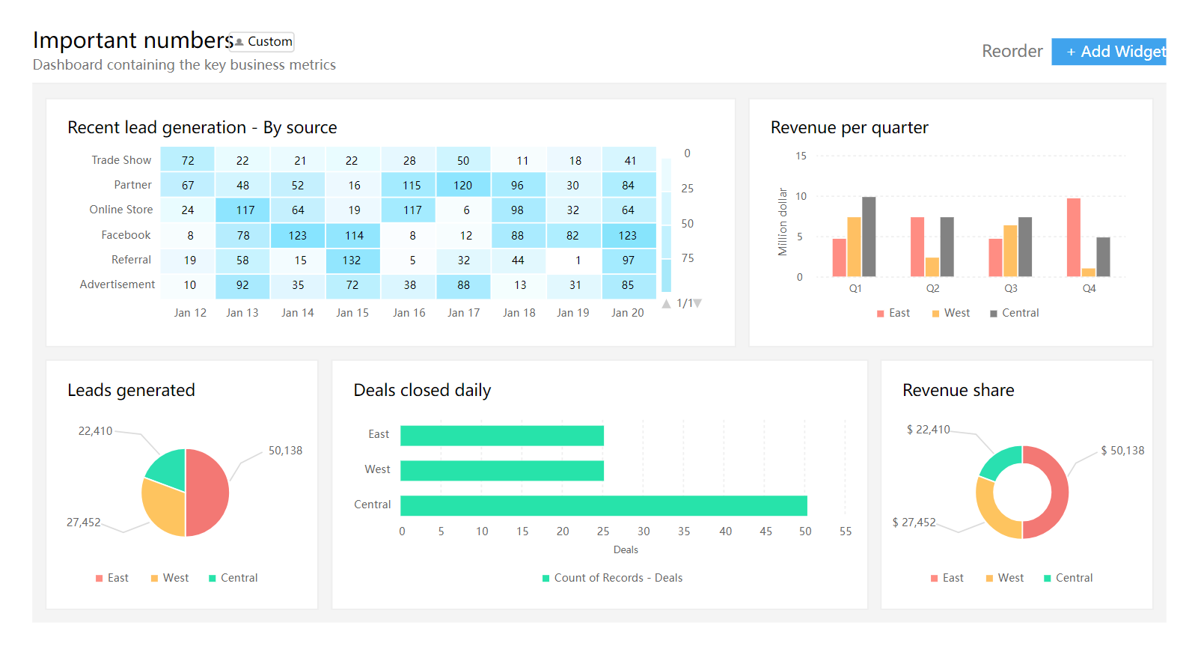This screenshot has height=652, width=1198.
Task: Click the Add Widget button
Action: coord(1108,52)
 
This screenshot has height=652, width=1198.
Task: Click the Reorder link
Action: coord(1012,51)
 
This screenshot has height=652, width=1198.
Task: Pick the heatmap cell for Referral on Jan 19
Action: coord(575,261)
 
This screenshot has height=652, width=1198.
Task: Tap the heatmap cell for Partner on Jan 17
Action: coord(463,185)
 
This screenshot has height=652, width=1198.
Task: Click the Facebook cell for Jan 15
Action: coord(353,235)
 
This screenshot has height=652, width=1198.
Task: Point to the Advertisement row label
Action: coord(117,284)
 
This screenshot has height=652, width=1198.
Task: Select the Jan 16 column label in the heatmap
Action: coord(409,313)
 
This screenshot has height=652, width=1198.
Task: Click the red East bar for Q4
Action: coord(1073,237)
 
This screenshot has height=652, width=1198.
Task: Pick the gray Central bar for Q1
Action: coord(869,237)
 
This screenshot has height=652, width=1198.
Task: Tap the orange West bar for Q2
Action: coord(932,267)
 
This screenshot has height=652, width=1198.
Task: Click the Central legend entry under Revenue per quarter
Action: coord(1015,313)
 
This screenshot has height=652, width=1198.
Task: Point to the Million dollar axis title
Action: coord(783,222)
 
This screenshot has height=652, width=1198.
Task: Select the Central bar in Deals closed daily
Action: coord(603,506)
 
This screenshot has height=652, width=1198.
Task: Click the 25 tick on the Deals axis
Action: coord(603,531)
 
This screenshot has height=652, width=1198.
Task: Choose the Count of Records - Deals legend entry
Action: coord(612,578)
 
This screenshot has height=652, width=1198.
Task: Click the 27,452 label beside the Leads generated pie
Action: coord(83,522)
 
